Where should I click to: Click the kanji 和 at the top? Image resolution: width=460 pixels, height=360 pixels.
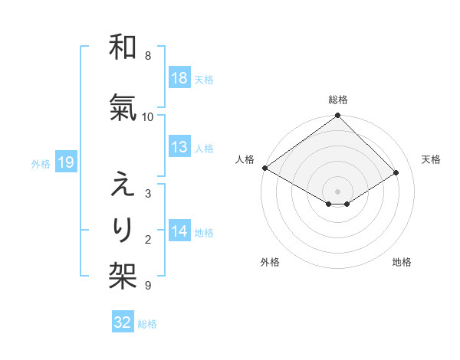(123, 47)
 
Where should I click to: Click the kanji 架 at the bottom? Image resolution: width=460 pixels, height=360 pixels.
(123, 272)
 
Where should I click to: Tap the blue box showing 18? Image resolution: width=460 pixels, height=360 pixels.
(179, 78)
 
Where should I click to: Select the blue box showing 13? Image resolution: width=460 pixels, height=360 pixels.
(179, 147)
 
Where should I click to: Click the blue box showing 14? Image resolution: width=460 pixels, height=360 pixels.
(179, 231)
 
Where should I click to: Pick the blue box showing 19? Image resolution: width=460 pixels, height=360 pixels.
(65, 162)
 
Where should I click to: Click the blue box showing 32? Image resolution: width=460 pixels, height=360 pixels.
(123, 322)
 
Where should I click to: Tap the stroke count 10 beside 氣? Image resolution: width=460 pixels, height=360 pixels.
(148, 116)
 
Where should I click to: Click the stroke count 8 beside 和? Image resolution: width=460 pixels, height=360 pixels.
(147, 56)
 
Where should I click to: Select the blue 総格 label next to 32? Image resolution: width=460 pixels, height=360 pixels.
(148, 324)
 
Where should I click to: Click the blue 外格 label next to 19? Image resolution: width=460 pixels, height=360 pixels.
(40, 163)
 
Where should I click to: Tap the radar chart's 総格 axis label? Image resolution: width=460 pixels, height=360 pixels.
(338, 100)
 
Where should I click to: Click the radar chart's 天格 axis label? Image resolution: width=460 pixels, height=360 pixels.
(431, 159)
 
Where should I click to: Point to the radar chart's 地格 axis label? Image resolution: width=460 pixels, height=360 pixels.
(402, 262)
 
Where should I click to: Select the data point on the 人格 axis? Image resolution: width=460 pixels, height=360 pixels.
(264, 168)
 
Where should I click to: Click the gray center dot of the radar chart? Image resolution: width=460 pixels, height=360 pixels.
(337, 190)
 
